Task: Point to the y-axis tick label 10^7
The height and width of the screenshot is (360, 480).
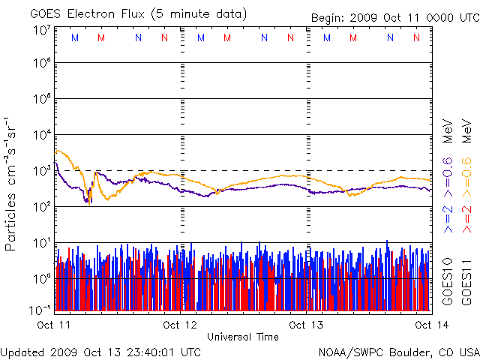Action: (42, 30)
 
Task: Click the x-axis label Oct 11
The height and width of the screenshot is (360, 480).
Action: (53, 325)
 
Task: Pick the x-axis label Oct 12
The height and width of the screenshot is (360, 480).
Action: (180, 325)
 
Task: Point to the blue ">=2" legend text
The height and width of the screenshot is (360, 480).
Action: (448, 217)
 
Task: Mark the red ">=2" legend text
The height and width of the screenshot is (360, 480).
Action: (466, 217)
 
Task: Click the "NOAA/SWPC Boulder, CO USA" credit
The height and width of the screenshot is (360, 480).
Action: (398, 351)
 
